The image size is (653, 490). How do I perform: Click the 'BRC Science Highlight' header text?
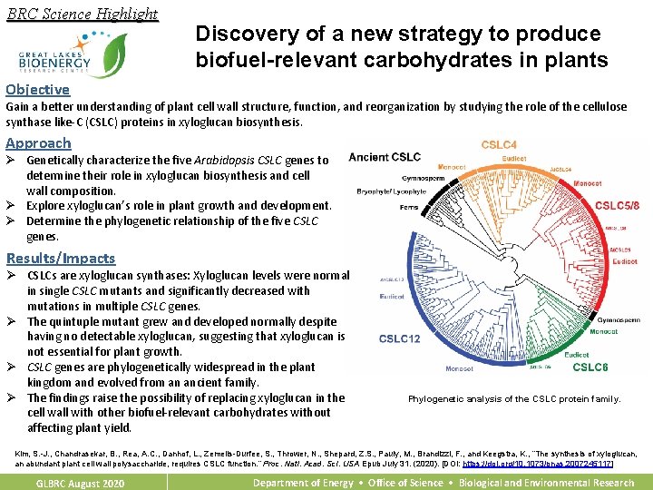pyautogui.click(x=82, y=14)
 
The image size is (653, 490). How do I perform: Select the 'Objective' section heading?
pyautogui.click(x=37, y=89)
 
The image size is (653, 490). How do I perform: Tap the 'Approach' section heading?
pyautogui.click(x=38, y=142)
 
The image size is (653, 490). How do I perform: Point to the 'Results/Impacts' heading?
pyautogui.click(x=61, y=258)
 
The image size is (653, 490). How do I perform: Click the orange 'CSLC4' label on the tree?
pyautogui.click(x=500, y=144)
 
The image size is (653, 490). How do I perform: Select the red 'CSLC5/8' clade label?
pyautogui.click(x=617, y=206)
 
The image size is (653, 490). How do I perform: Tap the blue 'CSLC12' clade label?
pyautogui.click(x=399, y=338)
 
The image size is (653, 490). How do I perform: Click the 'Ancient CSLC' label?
pyautogui.click(x=385, y=156)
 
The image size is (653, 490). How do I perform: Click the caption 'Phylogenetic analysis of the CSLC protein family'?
pyautogui.click(x=514, y=399)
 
